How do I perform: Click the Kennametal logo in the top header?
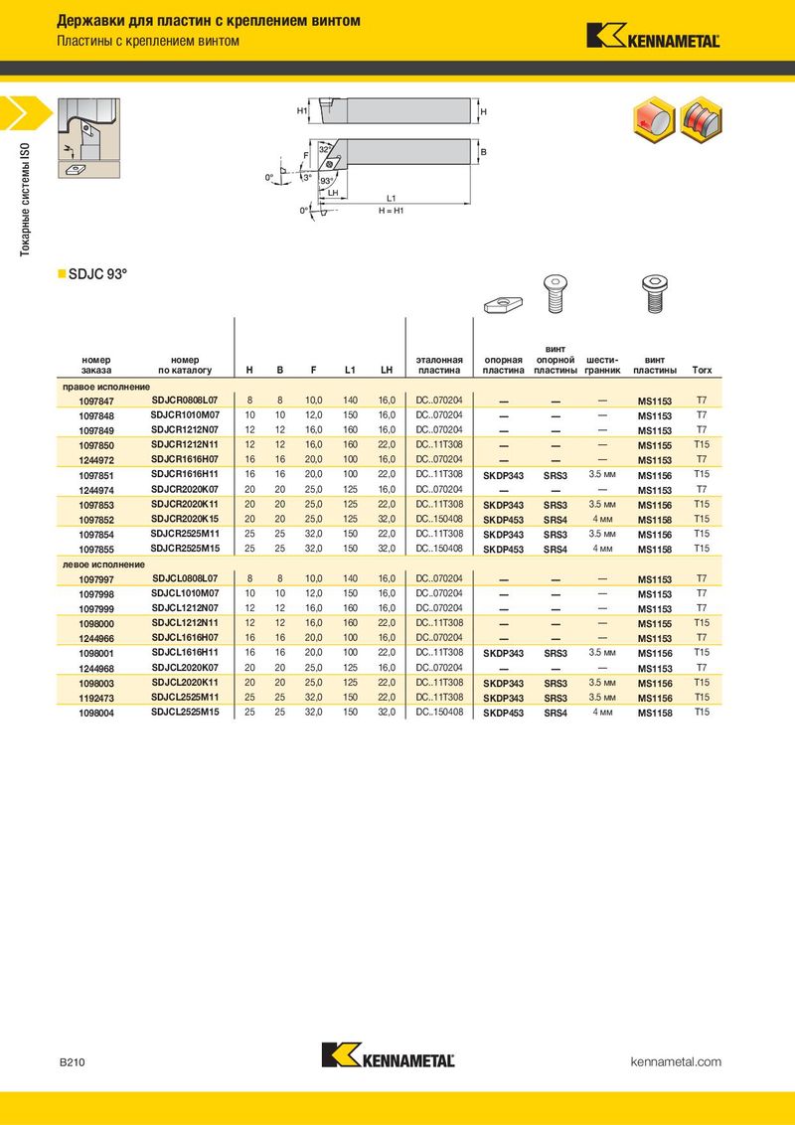click(x=653, y=35)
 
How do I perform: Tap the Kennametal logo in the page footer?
click(x=389, y=1054)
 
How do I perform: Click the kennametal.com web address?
click(x=676, y=1061)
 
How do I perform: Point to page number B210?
click(x=72, y=1062)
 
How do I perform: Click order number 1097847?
click(x=96, y=402)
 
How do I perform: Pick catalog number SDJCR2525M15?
click(x=185, y=549)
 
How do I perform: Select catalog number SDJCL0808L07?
click(x=185, y=579)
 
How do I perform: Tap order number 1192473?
click(x=96, y=698)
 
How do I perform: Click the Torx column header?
click(x=703, y=371)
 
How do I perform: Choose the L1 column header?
click(x=350, y=371)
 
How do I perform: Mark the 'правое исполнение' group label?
click(x=106, y=386)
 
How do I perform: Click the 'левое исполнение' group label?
click(x=104, y=564)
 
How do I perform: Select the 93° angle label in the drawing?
click(x=327, y=181)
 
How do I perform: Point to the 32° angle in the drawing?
click(x=325, y=149)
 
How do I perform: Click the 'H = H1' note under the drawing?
click(x=392, y=211)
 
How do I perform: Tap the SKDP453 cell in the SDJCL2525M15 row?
click(x=503, y=714)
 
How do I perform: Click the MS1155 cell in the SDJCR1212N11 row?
click(x=654, y=445)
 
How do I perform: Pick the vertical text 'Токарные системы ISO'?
click(x=25, y=200)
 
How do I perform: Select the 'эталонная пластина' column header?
click(x=439, y=365)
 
